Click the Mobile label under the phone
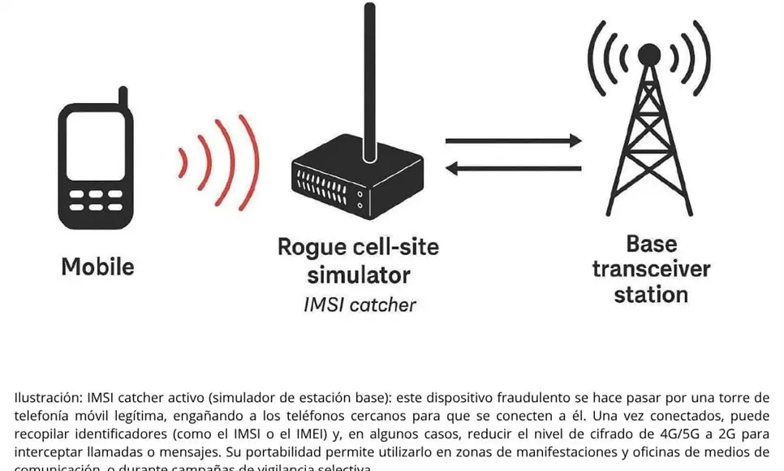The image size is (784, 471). (97, 266)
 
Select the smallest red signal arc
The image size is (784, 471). (183, 162)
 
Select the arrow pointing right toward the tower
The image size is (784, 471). (513, 141)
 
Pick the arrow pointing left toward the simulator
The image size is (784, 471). (513, 169)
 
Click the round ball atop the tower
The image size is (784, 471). (648, 54)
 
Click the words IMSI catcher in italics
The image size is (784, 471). (359, 305)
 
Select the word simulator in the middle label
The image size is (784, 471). (358, 274)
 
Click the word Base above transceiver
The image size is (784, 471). (651, 244)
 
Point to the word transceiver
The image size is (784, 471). (651, 269)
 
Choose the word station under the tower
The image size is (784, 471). (651, 294)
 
